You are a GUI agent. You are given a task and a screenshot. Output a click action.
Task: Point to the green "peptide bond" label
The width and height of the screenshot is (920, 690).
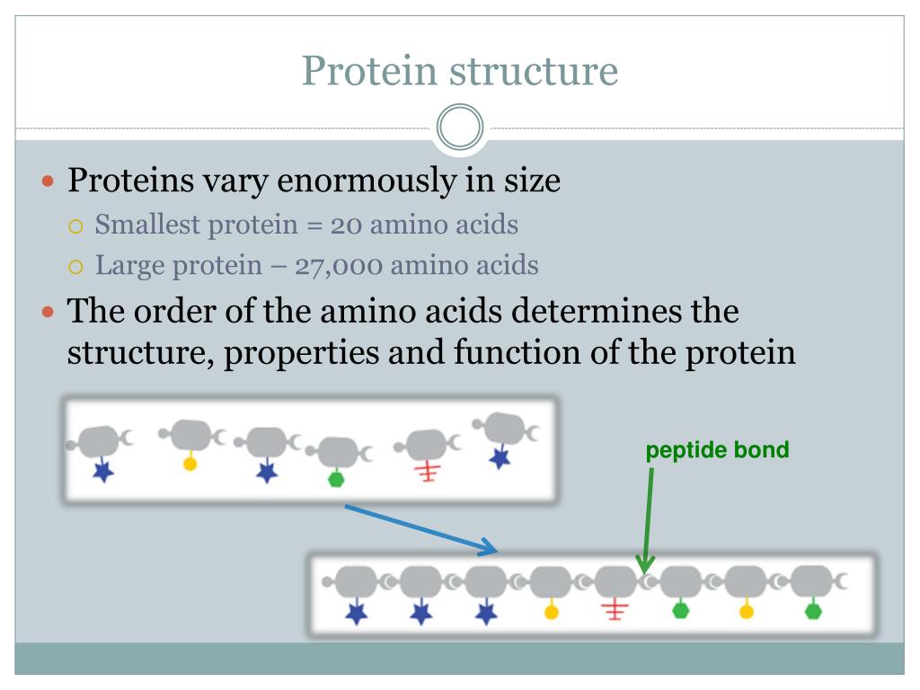(717, 450)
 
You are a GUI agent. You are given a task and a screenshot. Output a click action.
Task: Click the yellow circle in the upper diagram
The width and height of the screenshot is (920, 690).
(190, 464)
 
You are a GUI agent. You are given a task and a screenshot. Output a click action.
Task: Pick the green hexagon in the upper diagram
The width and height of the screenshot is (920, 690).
(336, 478)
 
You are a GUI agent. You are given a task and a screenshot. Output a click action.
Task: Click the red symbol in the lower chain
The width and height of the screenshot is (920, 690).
(616, 611)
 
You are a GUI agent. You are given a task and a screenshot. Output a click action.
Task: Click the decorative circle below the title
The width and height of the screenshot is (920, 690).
(460, 128)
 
